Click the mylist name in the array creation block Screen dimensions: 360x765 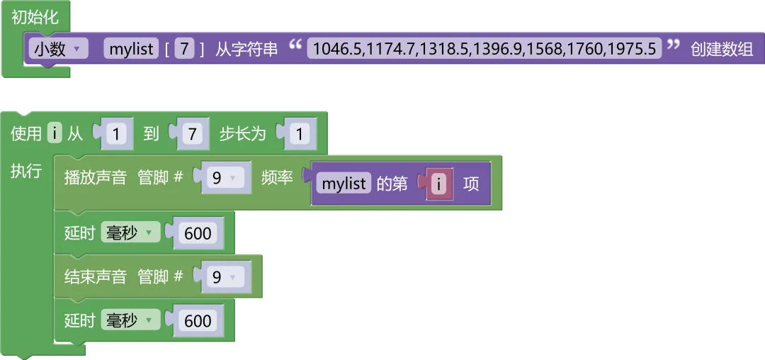point(132,49)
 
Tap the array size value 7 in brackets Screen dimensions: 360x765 point(184,49)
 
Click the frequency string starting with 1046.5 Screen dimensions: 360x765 point(484,49)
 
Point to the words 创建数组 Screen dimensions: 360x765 point(722,49)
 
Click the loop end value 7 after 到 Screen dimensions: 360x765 point(191,134)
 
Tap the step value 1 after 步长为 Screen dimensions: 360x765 point(299,134)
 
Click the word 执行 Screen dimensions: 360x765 point(26,171)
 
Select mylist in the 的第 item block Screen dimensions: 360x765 point(344,184)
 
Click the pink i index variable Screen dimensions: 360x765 point(440,184)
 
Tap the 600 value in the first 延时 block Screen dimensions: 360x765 point(198,233)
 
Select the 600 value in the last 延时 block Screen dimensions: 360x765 point(198,320)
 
